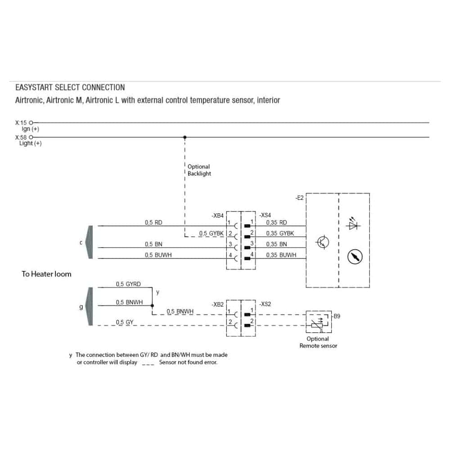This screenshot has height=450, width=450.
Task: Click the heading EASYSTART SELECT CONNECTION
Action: click(x=70, y=87)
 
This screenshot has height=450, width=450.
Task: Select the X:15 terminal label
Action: click(x=22, y=122)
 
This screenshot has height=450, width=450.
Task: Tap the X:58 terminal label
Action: click(x=22, y=137)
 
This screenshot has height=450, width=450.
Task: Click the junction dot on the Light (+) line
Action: click(x=185, y=137)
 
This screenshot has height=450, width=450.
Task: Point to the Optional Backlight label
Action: click(x=199, y=170)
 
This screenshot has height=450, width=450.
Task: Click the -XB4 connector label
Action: click(x=218, y=216)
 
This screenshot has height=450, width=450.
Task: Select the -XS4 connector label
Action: click(x=265, y=216)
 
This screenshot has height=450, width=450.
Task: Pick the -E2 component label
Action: click(x=300, y=198)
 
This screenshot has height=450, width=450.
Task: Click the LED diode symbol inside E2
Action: click(x=353, y=224)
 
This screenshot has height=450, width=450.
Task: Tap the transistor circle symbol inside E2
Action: click(x=323, y=242)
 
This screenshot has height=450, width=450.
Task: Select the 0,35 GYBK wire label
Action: click(x=280, y=233)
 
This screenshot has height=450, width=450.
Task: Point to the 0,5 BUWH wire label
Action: click(x=158, y=255)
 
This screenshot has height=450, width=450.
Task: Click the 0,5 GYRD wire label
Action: click(x=128, y=284)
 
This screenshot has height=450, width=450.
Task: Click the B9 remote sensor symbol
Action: click(x=318, y=322)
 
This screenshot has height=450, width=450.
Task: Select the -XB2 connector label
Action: click(x=218, y=305)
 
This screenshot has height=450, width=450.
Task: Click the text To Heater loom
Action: click(x=46, y=274)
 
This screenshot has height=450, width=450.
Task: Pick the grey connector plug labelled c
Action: click(x=89, y=242)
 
